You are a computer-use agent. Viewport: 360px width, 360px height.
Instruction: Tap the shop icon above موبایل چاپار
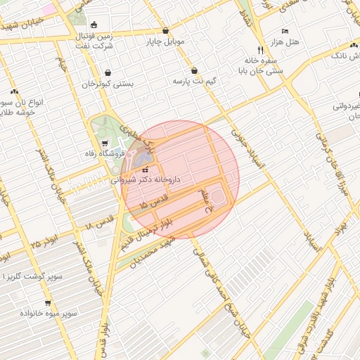(x=165, y=31)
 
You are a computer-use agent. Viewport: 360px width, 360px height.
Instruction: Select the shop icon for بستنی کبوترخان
(x=108, y=72)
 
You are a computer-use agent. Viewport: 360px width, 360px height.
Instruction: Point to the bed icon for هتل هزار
(x=284, y=32)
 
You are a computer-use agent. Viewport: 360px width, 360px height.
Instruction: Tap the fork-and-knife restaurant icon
(x=260, y=51)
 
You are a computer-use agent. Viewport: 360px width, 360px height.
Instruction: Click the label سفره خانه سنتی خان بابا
(x=262, y=66)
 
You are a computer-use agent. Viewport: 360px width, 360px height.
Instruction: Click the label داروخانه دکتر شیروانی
(x=146, y=180)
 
